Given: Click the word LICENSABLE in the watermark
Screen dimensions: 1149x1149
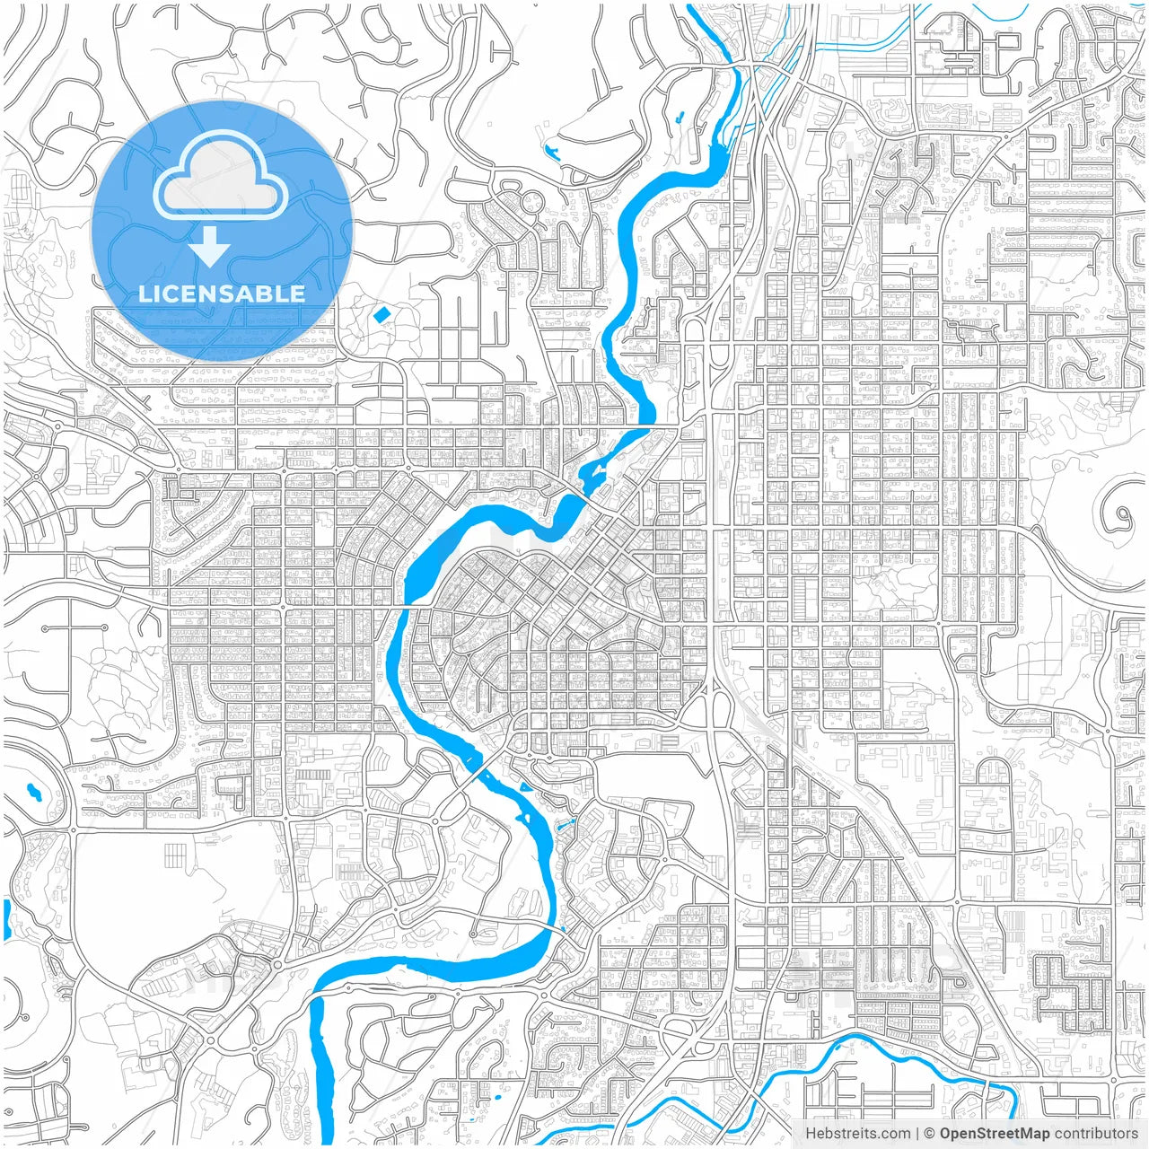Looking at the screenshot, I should [x=222, y=294].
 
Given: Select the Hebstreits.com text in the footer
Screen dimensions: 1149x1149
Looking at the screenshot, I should [x=857, y=1134].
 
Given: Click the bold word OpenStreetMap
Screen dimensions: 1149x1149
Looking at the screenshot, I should [x=994, y=1134].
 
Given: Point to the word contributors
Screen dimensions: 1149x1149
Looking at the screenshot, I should [x=1095, y=1134].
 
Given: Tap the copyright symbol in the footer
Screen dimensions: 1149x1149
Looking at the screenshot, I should [x=930, y=1134].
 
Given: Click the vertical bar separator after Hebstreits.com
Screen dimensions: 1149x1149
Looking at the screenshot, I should [x=917, y=1134].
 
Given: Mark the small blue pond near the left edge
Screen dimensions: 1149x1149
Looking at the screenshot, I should [x=34, y=792].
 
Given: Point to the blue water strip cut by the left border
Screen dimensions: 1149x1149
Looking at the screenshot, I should [x=5, y=920].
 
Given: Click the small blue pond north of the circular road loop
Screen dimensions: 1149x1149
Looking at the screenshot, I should [x=550, y=151].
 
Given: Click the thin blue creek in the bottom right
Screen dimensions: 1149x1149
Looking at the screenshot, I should [x=898, y=1055].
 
